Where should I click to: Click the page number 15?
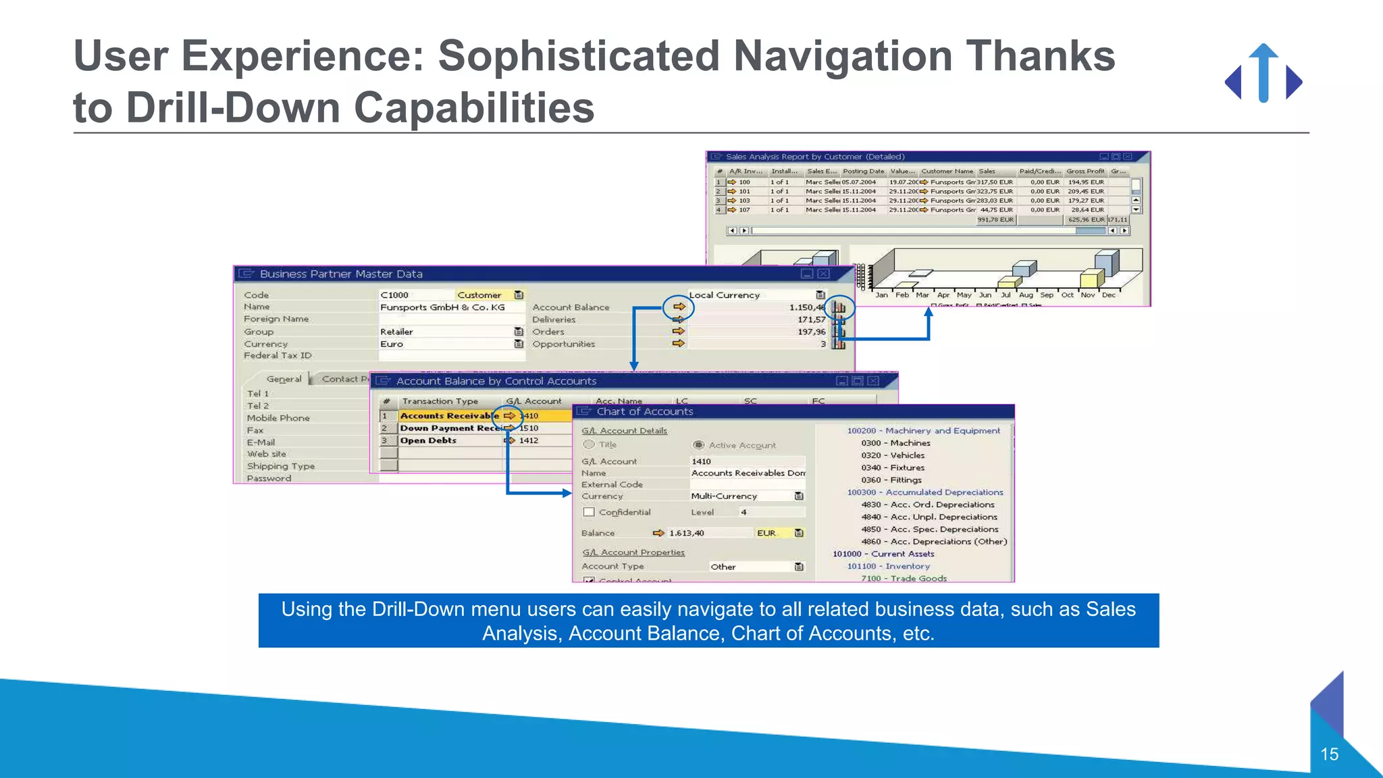click(1329, 754)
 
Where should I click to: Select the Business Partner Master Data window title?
click(341, 274)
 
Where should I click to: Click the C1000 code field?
click(395, 295)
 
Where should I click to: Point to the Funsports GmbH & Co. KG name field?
click(442, 307)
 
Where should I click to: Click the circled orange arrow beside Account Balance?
click(679, 307)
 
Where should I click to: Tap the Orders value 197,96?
click(811, 332)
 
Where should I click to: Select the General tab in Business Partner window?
click(284, 379)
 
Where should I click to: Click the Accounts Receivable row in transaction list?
click(449, 416)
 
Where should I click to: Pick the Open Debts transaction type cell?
click(428, 440)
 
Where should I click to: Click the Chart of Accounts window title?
click(645, 411)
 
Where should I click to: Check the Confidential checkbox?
click(589, 512)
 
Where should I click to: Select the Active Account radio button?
click(699, 445)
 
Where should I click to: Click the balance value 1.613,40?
click(687, 533)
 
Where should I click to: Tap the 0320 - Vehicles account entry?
click(893, 455)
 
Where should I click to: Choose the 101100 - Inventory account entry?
click(889, 566)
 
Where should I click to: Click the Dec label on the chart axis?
click(1108, 295)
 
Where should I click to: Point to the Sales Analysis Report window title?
click(815, 157)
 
